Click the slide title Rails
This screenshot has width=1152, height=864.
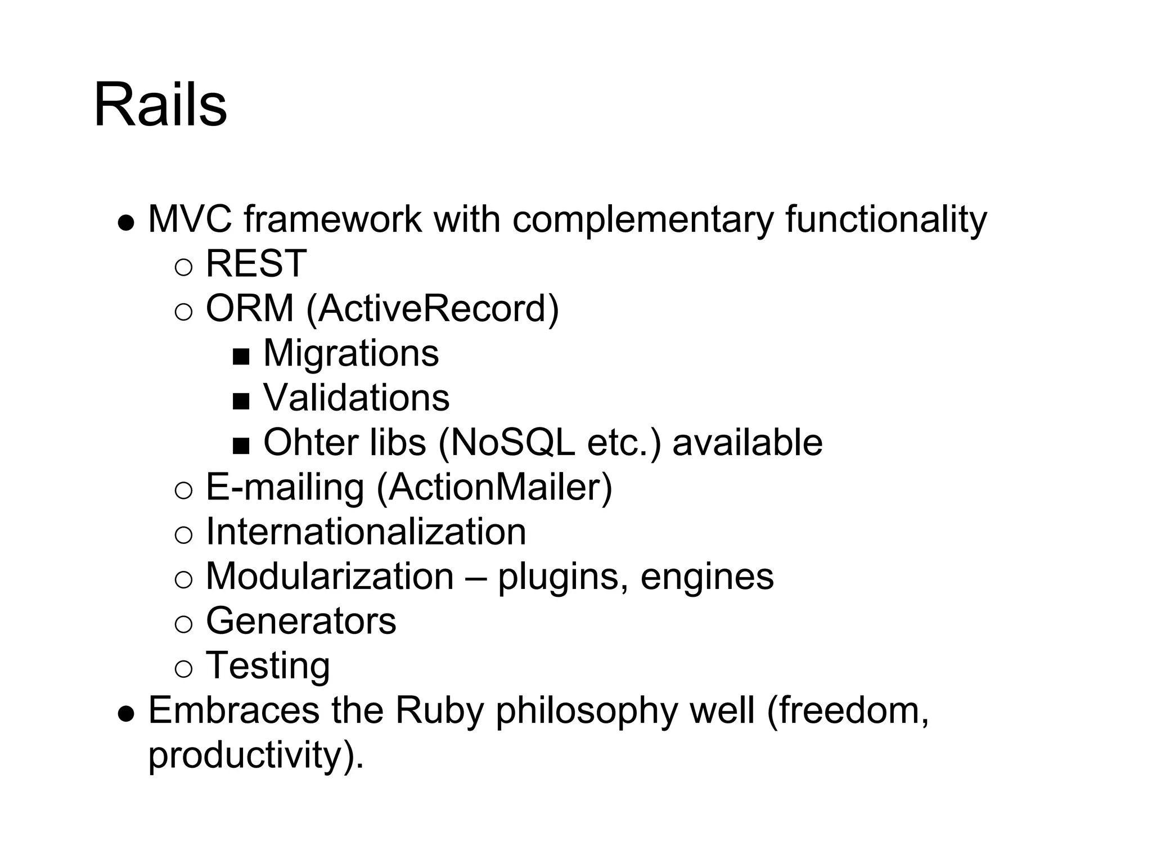pyautogui.click(x=160, y=105)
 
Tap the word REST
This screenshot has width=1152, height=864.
pyautogui.click(x=256, y=263)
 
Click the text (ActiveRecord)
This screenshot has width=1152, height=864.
pyautogui.click(x=432, y=309)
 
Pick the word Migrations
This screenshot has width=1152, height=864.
pyautogui.click(x=351, y=353)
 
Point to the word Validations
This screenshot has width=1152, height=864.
pyautogui.click(x=356, y=398)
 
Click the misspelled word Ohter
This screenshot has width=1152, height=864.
pyautogui.click(x=310, y=442)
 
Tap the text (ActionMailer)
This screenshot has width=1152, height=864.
pyautogui.click(x=494, y=487)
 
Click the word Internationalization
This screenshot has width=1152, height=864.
pyautogui.click(x=366, y=532)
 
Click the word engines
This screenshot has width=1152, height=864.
pyautogui.click(x=707, y=577)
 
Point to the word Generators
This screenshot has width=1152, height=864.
pyautogui.click(x=301, y=621)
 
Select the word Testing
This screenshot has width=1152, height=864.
pyautogui.click(x=268, y=666)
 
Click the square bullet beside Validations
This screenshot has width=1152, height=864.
pyautogui.click(x=241, y=400)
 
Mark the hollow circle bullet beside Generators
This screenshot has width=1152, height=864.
pyautogui.click(x=183, y=623)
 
